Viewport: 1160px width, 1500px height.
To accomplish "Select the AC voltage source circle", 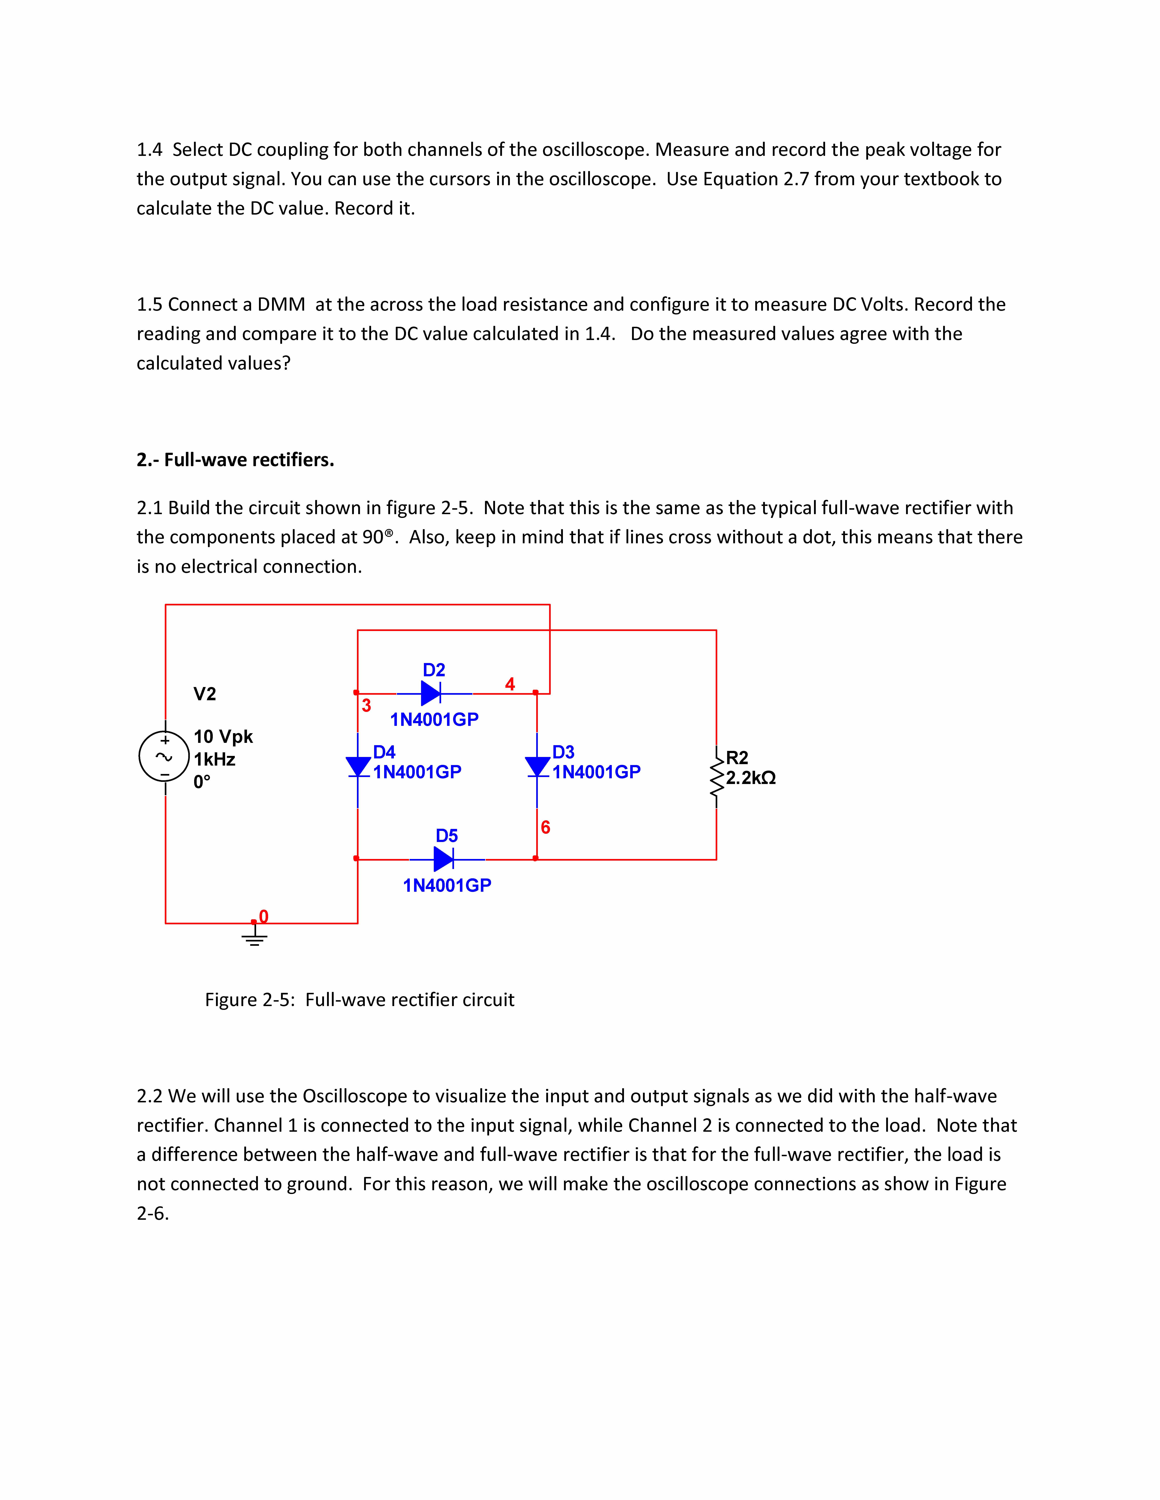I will (x=164, y=756).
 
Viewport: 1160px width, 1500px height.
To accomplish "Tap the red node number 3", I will (x=366, y=705).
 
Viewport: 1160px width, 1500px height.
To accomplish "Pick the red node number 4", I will (x=510, y=684).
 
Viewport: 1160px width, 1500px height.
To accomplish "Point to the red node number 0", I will (x=263, y=916).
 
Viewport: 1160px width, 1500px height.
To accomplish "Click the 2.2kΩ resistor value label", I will (x=750, y=778).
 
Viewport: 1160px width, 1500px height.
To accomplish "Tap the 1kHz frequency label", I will (x=214, y=760).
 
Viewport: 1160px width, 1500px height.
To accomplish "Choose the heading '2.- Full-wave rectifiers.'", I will (x=235, y=460).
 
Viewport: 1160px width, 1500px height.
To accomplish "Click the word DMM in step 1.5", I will (x=281, y=304).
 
